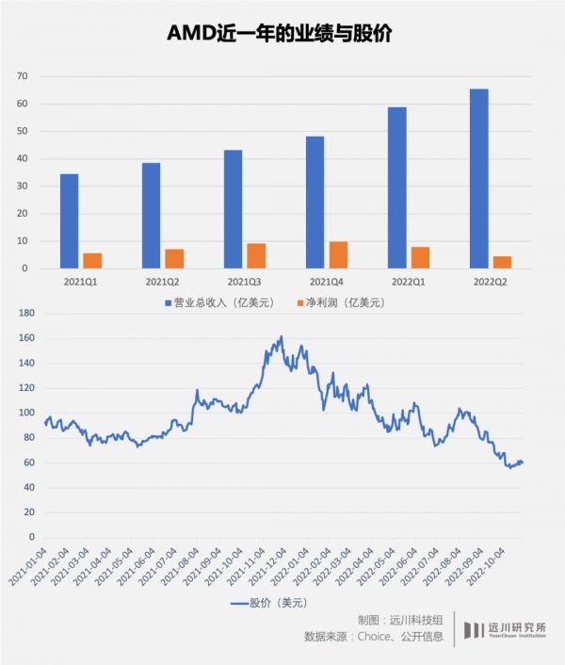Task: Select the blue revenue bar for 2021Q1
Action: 70,221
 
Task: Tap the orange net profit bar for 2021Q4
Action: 338,255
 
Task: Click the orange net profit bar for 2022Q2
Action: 502,263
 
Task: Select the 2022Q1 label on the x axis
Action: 409,281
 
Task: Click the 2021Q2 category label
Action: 162,281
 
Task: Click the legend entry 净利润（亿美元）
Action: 344,302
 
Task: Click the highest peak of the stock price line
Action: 281,336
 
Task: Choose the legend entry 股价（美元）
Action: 273,602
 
